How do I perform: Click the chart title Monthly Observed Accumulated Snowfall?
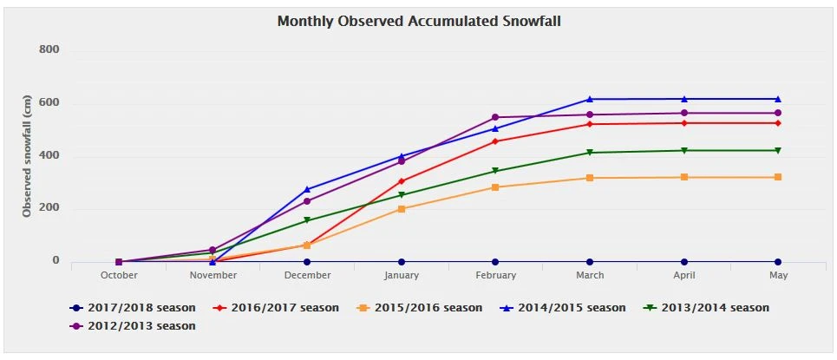tap(418, 20)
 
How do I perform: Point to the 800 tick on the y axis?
tap(49, 49)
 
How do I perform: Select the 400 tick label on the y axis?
tap(49, 155)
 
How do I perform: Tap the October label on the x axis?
tap(119, 276)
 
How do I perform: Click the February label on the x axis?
tap(495, 276)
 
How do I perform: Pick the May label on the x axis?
tap(777, 276)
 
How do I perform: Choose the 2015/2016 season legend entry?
tap(428, 308)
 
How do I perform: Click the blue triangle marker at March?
tap(590, 99)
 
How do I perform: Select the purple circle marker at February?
tap(495, 117)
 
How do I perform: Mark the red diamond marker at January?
tap(402, 181)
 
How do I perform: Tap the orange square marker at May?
tap(778, 177)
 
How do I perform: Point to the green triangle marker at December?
tap(307, 220)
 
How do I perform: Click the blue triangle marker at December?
tap(307, 189)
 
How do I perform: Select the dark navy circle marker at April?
tap(684, 262)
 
